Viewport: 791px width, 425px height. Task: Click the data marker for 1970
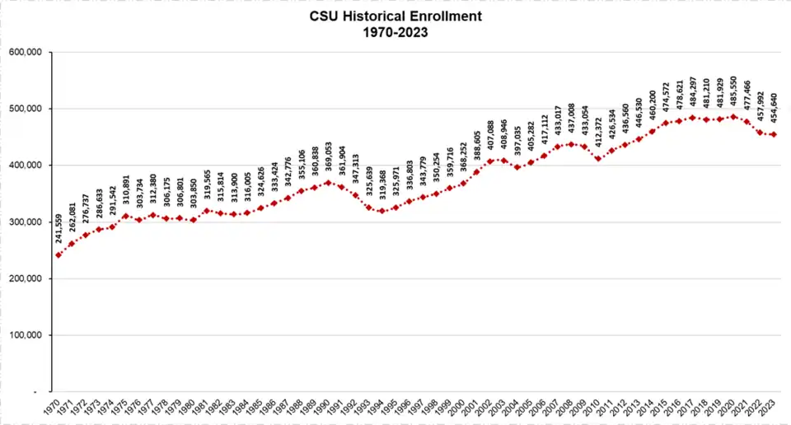click(x=59, y=255)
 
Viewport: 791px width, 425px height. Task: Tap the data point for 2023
click(x=774, y=134)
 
